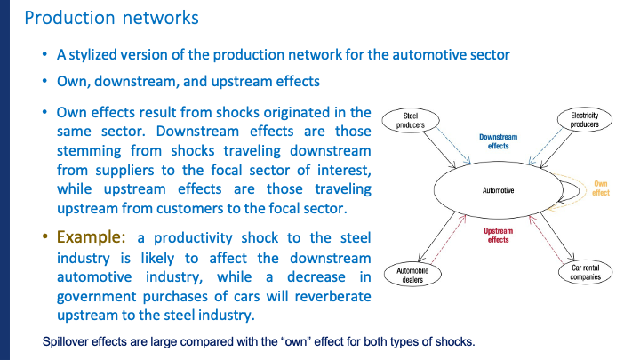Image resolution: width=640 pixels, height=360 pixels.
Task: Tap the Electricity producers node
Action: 584,120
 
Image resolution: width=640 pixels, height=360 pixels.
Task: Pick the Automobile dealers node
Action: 411,274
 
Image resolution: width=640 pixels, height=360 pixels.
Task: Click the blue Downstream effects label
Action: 497,141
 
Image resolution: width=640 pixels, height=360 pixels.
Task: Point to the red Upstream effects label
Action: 497,236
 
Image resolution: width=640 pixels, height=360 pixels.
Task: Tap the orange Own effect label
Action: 601,188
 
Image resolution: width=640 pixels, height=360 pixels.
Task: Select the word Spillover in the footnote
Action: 66,342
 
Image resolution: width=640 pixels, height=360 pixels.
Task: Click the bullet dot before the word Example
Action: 46,238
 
